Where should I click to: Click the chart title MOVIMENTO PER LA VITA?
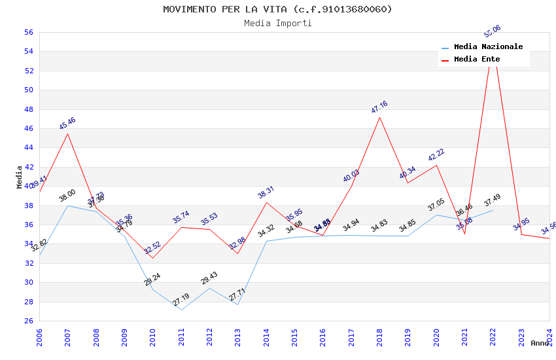277,9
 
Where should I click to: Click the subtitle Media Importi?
277,23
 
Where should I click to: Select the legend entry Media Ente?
477,60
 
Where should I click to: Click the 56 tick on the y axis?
28,32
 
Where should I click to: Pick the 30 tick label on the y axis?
28,283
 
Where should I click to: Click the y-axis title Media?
20,177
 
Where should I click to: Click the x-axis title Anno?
540,343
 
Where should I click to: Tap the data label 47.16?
379,107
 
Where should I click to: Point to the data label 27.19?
181,300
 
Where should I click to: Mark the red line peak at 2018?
379,117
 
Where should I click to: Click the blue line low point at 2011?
181,310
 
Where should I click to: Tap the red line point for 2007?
67,134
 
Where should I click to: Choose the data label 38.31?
266,192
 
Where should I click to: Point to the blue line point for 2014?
266,241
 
